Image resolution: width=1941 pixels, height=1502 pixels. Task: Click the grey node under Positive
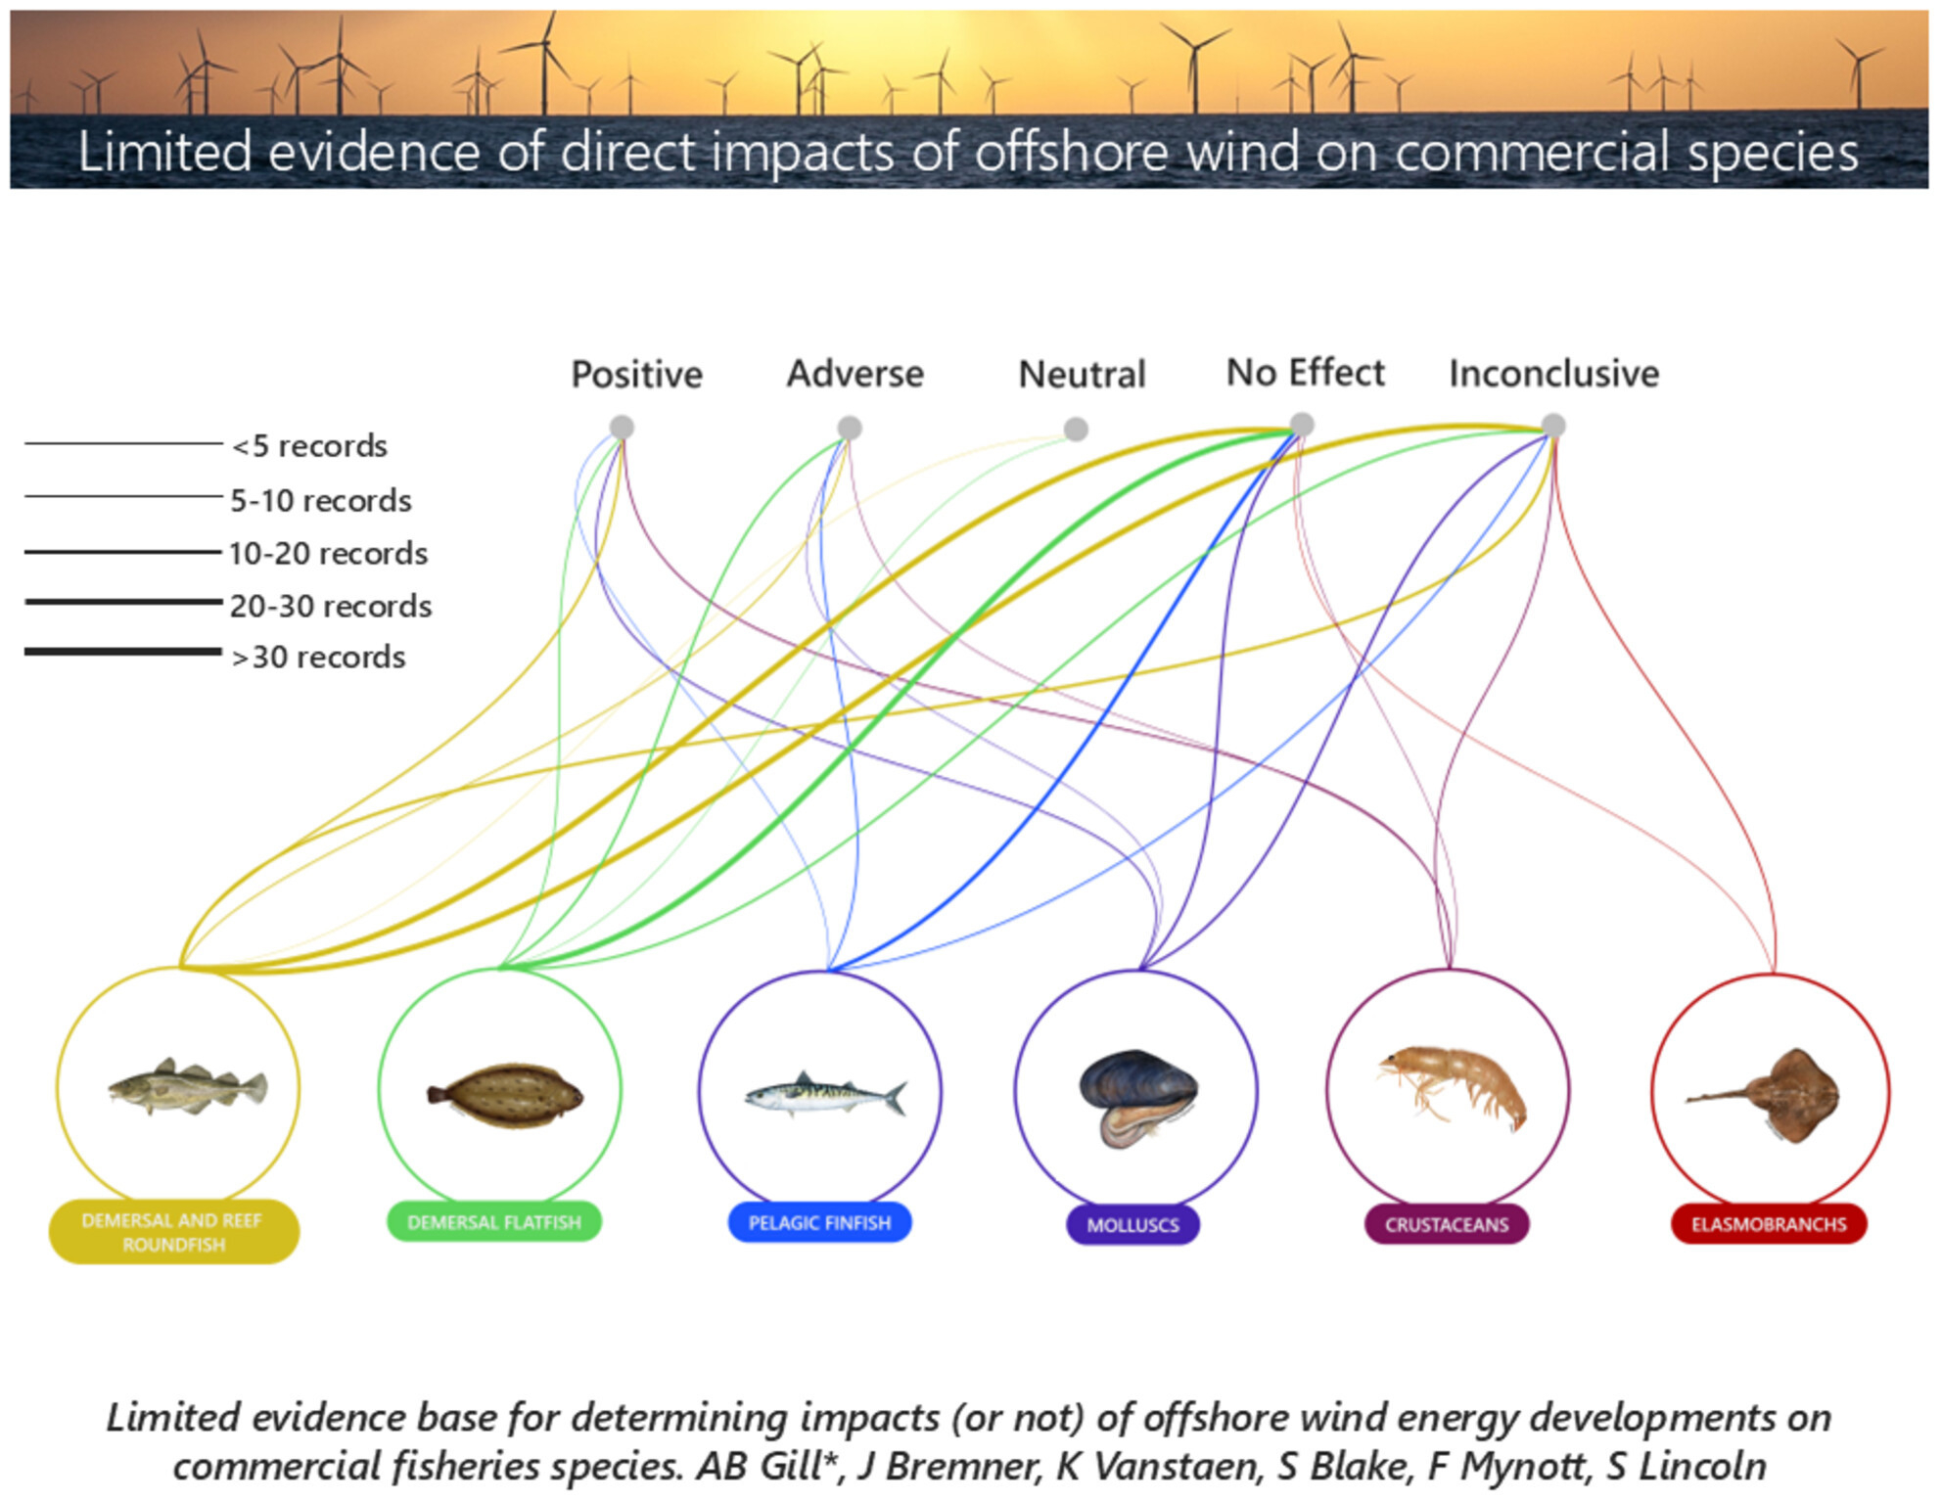pos(622,428)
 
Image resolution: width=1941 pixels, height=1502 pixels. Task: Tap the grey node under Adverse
pos(850,428)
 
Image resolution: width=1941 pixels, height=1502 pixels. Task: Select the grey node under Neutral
pos(1076,429)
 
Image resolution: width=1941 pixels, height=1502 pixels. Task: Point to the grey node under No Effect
pos(1302,425)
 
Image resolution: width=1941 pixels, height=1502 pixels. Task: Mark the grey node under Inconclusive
pos(1553,426)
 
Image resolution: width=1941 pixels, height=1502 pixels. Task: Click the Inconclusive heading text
pos(1553,374)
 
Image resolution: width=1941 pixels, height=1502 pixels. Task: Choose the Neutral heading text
pos(1082,375)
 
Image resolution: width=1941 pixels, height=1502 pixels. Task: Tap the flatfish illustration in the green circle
pos(505,1095)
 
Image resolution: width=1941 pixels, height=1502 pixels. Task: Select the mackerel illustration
pos(825,1095)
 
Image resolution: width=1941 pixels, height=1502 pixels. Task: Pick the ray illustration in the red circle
pos(1772,1094)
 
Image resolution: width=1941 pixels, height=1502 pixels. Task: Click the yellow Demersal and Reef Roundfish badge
pos(173,1232)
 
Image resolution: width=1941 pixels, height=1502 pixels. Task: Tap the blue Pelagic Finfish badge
pos(819,1223)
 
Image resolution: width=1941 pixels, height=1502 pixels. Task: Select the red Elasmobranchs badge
pos(1769,1224)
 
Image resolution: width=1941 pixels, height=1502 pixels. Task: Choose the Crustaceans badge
pos(1447,1224)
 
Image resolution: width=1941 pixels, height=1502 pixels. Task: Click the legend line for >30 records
pos(123,652)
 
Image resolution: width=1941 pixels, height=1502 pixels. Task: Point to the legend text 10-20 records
pos(328,554)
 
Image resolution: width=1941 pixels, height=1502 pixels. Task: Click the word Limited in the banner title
pos(164,153)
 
